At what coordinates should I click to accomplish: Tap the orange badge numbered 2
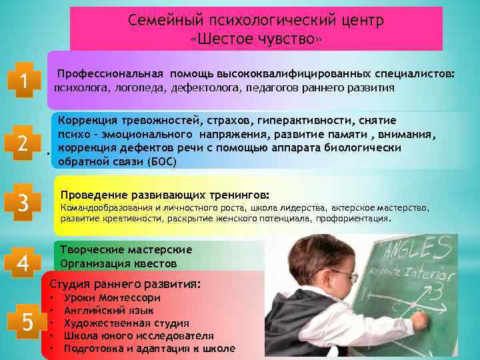pyautogui.click(x=24, y=143)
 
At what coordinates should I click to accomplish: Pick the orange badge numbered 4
pyautogui.click(x=24, y=265)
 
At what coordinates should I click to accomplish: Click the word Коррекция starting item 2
pyautogui.click(x=85, y=120)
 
